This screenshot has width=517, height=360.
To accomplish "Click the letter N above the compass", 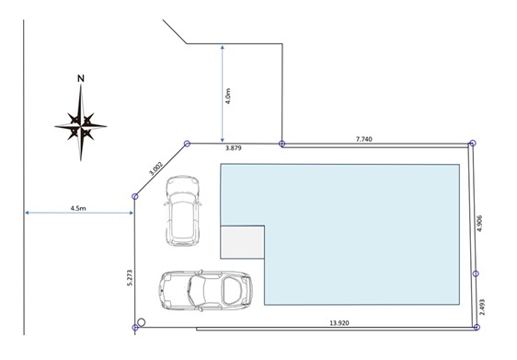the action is coord(81,78).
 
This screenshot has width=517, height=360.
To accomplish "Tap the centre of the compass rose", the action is coord(81,126).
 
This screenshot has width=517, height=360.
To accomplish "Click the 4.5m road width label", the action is coord(78,208).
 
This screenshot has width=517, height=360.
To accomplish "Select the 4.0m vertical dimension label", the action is coord(228,96).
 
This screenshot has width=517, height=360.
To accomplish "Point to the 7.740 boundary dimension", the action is coord(364,139).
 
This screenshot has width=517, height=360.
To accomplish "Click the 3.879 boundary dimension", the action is coord(234,148).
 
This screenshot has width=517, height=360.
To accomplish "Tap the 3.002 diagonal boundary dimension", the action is coord(155,168).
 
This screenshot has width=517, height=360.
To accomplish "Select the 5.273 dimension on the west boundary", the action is coord(130,277).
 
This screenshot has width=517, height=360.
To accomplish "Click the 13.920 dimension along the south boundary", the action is coord(339,323).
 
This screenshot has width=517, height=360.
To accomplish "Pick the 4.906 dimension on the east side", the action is coord(479,224).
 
